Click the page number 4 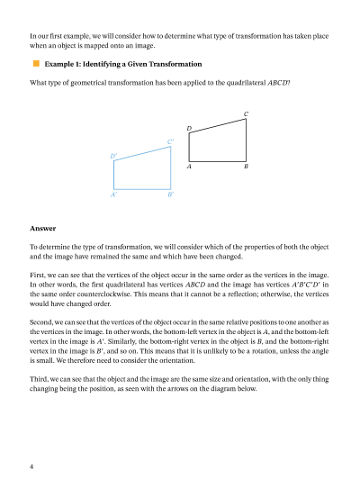31,466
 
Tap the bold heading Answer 41,228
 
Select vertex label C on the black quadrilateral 247,113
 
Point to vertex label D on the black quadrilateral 189,130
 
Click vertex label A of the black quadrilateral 189,168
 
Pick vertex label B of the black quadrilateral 247,168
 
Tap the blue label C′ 170,141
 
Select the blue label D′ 113,157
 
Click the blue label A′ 113,195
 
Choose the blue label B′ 170,195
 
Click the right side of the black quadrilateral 247,140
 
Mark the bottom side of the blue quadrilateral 142,189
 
